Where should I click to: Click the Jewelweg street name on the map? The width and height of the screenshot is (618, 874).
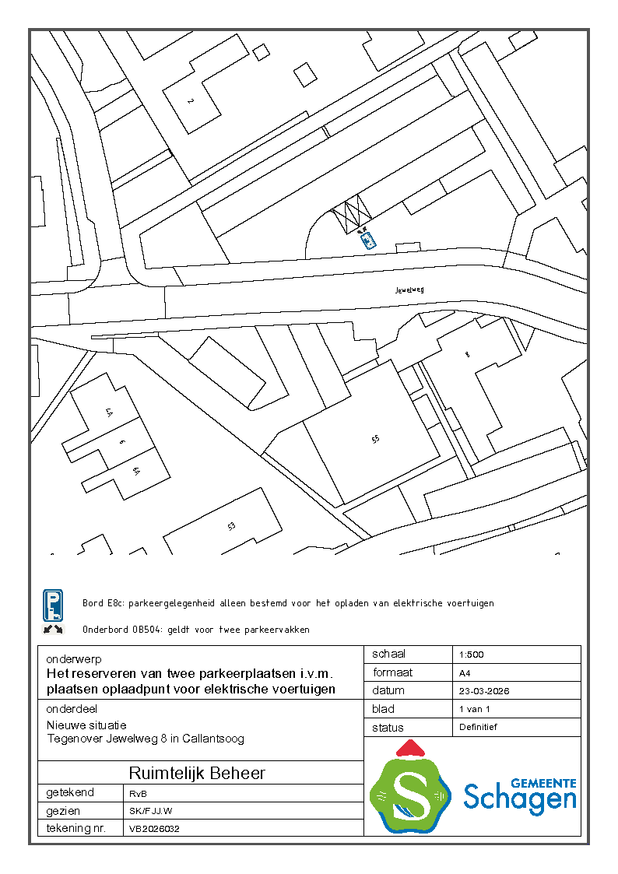(409, 290)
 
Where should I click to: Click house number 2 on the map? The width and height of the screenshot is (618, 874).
(189, 101)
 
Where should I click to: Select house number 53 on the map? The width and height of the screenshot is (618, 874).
(231, 527)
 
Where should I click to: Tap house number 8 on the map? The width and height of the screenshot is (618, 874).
(467, 354)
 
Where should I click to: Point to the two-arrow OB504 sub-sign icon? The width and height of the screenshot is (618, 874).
(53, 629)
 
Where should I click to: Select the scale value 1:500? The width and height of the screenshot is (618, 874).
(472, 655)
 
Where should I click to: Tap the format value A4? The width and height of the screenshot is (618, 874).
(465, 672)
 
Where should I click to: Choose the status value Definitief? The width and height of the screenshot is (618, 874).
(479, 727)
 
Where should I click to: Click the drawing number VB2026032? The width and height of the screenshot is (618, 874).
(155, 829)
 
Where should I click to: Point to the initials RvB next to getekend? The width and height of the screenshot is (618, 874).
(138, 793)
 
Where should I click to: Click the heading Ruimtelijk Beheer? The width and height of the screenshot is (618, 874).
(197, 773)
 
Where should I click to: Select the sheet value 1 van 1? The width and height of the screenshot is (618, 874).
(475, 709)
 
